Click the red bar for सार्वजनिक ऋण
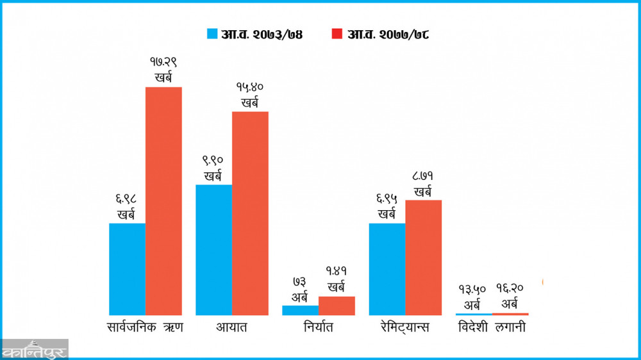[163, 200]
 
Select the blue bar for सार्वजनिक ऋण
[127, 269]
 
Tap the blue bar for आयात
[213, 250]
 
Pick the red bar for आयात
[250, 213]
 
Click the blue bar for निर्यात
[300, 310]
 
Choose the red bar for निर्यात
[337, 306]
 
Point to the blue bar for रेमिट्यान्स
[387, 269]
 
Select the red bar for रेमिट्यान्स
[423, 258]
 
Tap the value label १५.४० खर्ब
[250, 95]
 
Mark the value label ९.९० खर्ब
[213, 168]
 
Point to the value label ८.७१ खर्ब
[423, 184]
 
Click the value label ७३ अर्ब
[300, 290]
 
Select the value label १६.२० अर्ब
[510, 296]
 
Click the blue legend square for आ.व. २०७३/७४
[212, 34]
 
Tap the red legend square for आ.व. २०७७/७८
[337, 34]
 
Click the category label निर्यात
[319, 328]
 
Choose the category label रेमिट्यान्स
[404, 328]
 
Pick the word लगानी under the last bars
[510, 328]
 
